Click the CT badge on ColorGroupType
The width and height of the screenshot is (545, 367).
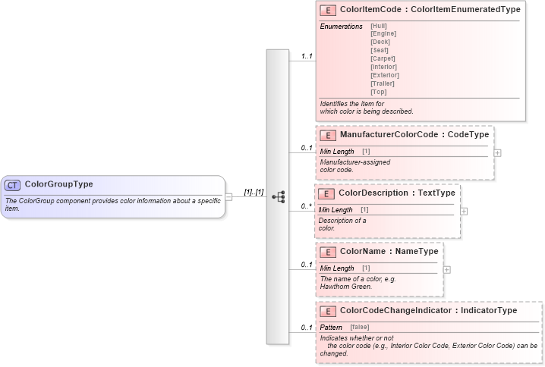point(13,184)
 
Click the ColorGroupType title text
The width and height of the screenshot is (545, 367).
point(59,184)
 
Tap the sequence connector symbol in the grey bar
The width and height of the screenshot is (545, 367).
point(278,197)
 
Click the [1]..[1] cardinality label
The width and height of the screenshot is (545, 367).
point(254,193)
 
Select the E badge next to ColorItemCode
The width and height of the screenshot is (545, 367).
point(328,10)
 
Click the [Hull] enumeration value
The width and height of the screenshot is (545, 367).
point(378,26)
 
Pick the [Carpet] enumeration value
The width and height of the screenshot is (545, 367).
point(383,58)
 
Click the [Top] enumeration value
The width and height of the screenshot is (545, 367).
point(378,92)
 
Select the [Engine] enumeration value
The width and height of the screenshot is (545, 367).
point(383,33)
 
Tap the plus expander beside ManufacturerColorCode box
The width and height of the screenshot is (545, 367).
point(497,152)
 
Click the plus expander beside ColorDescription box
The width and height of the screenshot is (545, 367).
point(464,211)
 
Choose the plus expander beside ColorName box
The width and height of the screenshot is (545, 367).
point(446,269)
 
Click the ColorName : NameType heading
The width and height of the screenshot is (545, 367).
point(389,251)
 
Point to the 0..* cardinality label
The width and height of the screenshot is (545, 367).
point(306,205)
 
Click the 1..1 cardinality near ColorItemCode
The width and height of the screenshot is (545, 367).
point(307,56)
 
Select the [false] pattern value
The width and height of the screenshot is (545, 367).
point(359,327)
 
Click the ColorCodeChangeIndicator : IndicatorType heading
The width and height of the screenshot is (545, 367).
point(428,310)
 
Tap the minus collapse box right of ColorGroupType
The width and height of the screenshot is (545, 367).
point(229,197)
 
